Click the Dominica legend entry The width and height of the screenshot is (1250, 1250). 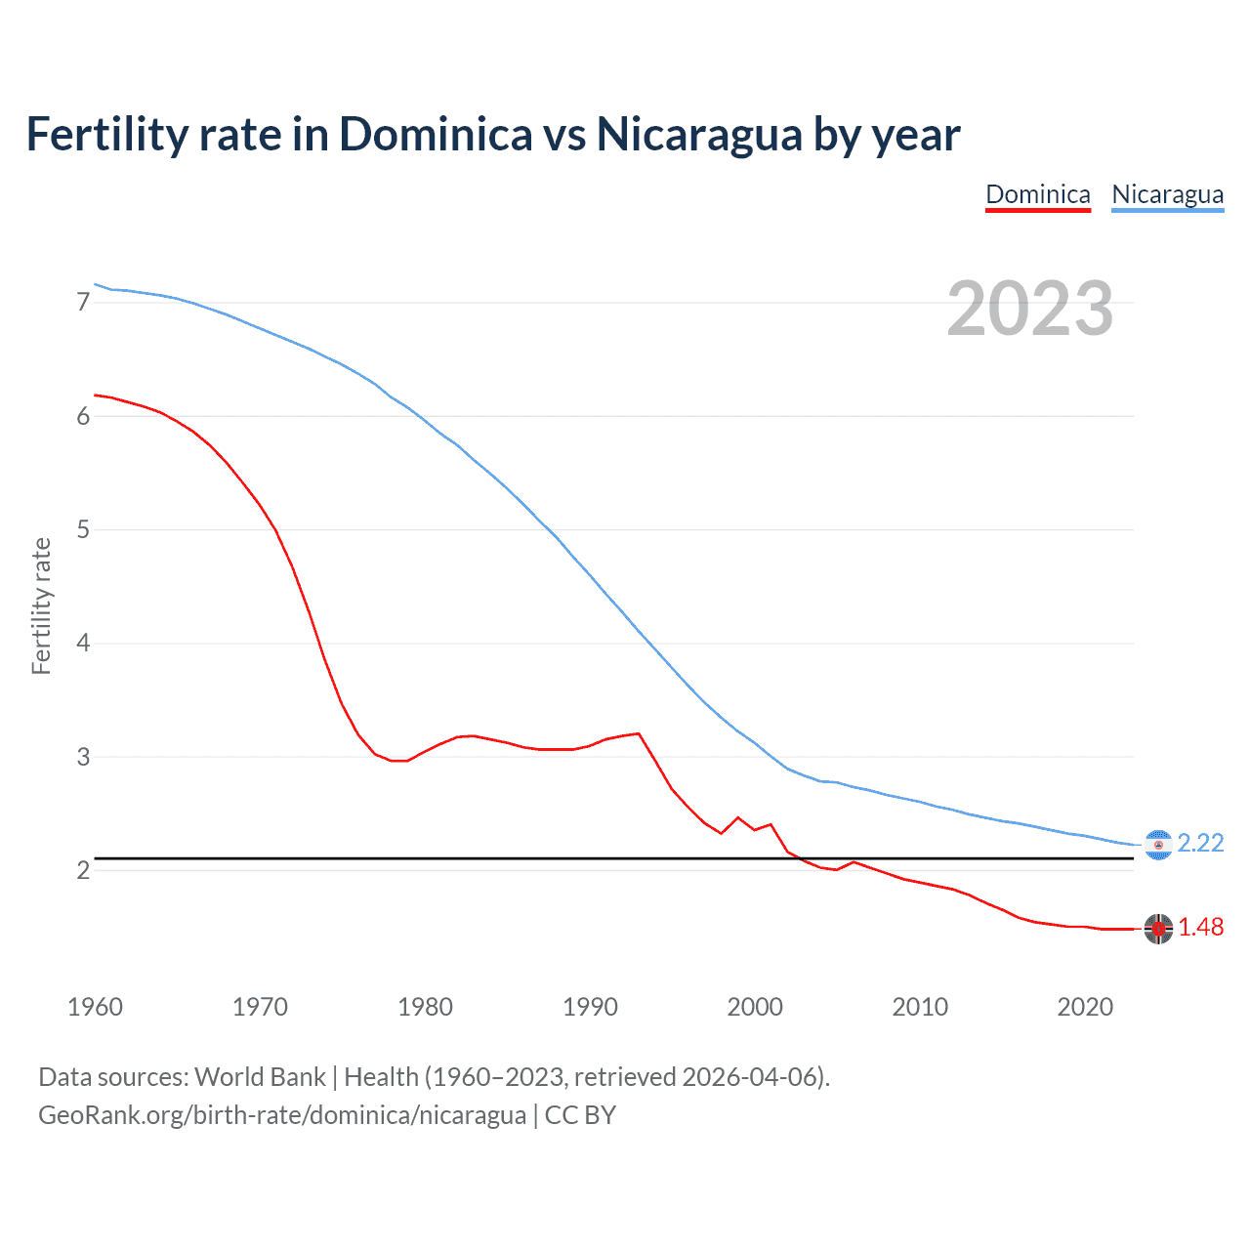pos(1037,194)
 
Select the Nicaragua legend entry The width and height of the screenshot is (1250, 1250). pos(1167,194)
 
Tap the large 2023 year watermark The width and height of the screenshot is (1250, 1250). pos(1029,309)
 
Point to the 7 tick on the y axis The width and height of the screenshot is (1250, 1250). pos(83,302)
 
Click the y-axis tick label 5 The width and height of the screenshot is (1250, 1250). pos(83,529)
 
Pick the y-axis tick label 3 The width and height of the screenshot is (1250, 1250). pos(83,757)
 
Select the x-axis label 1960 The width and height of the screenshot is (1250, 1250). pos(95,1007)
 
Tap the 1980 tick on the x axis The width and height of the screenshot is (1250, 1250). pos(425,1007)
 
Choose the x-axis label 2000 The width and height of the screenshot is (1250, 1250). pos(755,1007)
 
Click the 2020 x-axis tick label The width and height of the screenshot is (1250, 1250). pos(1085,1007)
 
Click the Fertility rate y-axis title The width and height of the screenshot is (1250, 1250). pos(41,605)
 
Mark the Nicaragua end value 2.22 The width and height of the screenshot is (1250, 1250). pos(1200,843)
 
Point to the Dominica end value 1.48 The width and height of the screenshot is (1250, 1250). pos(1200,928)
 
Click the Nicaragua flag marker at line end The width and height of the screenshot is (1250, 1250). pos(1158,845)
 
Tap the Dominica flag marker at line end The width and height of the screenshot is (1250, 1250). pos(1158,929)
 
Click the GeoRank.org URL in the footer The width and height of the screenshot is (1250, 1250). pos(281,1115)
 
